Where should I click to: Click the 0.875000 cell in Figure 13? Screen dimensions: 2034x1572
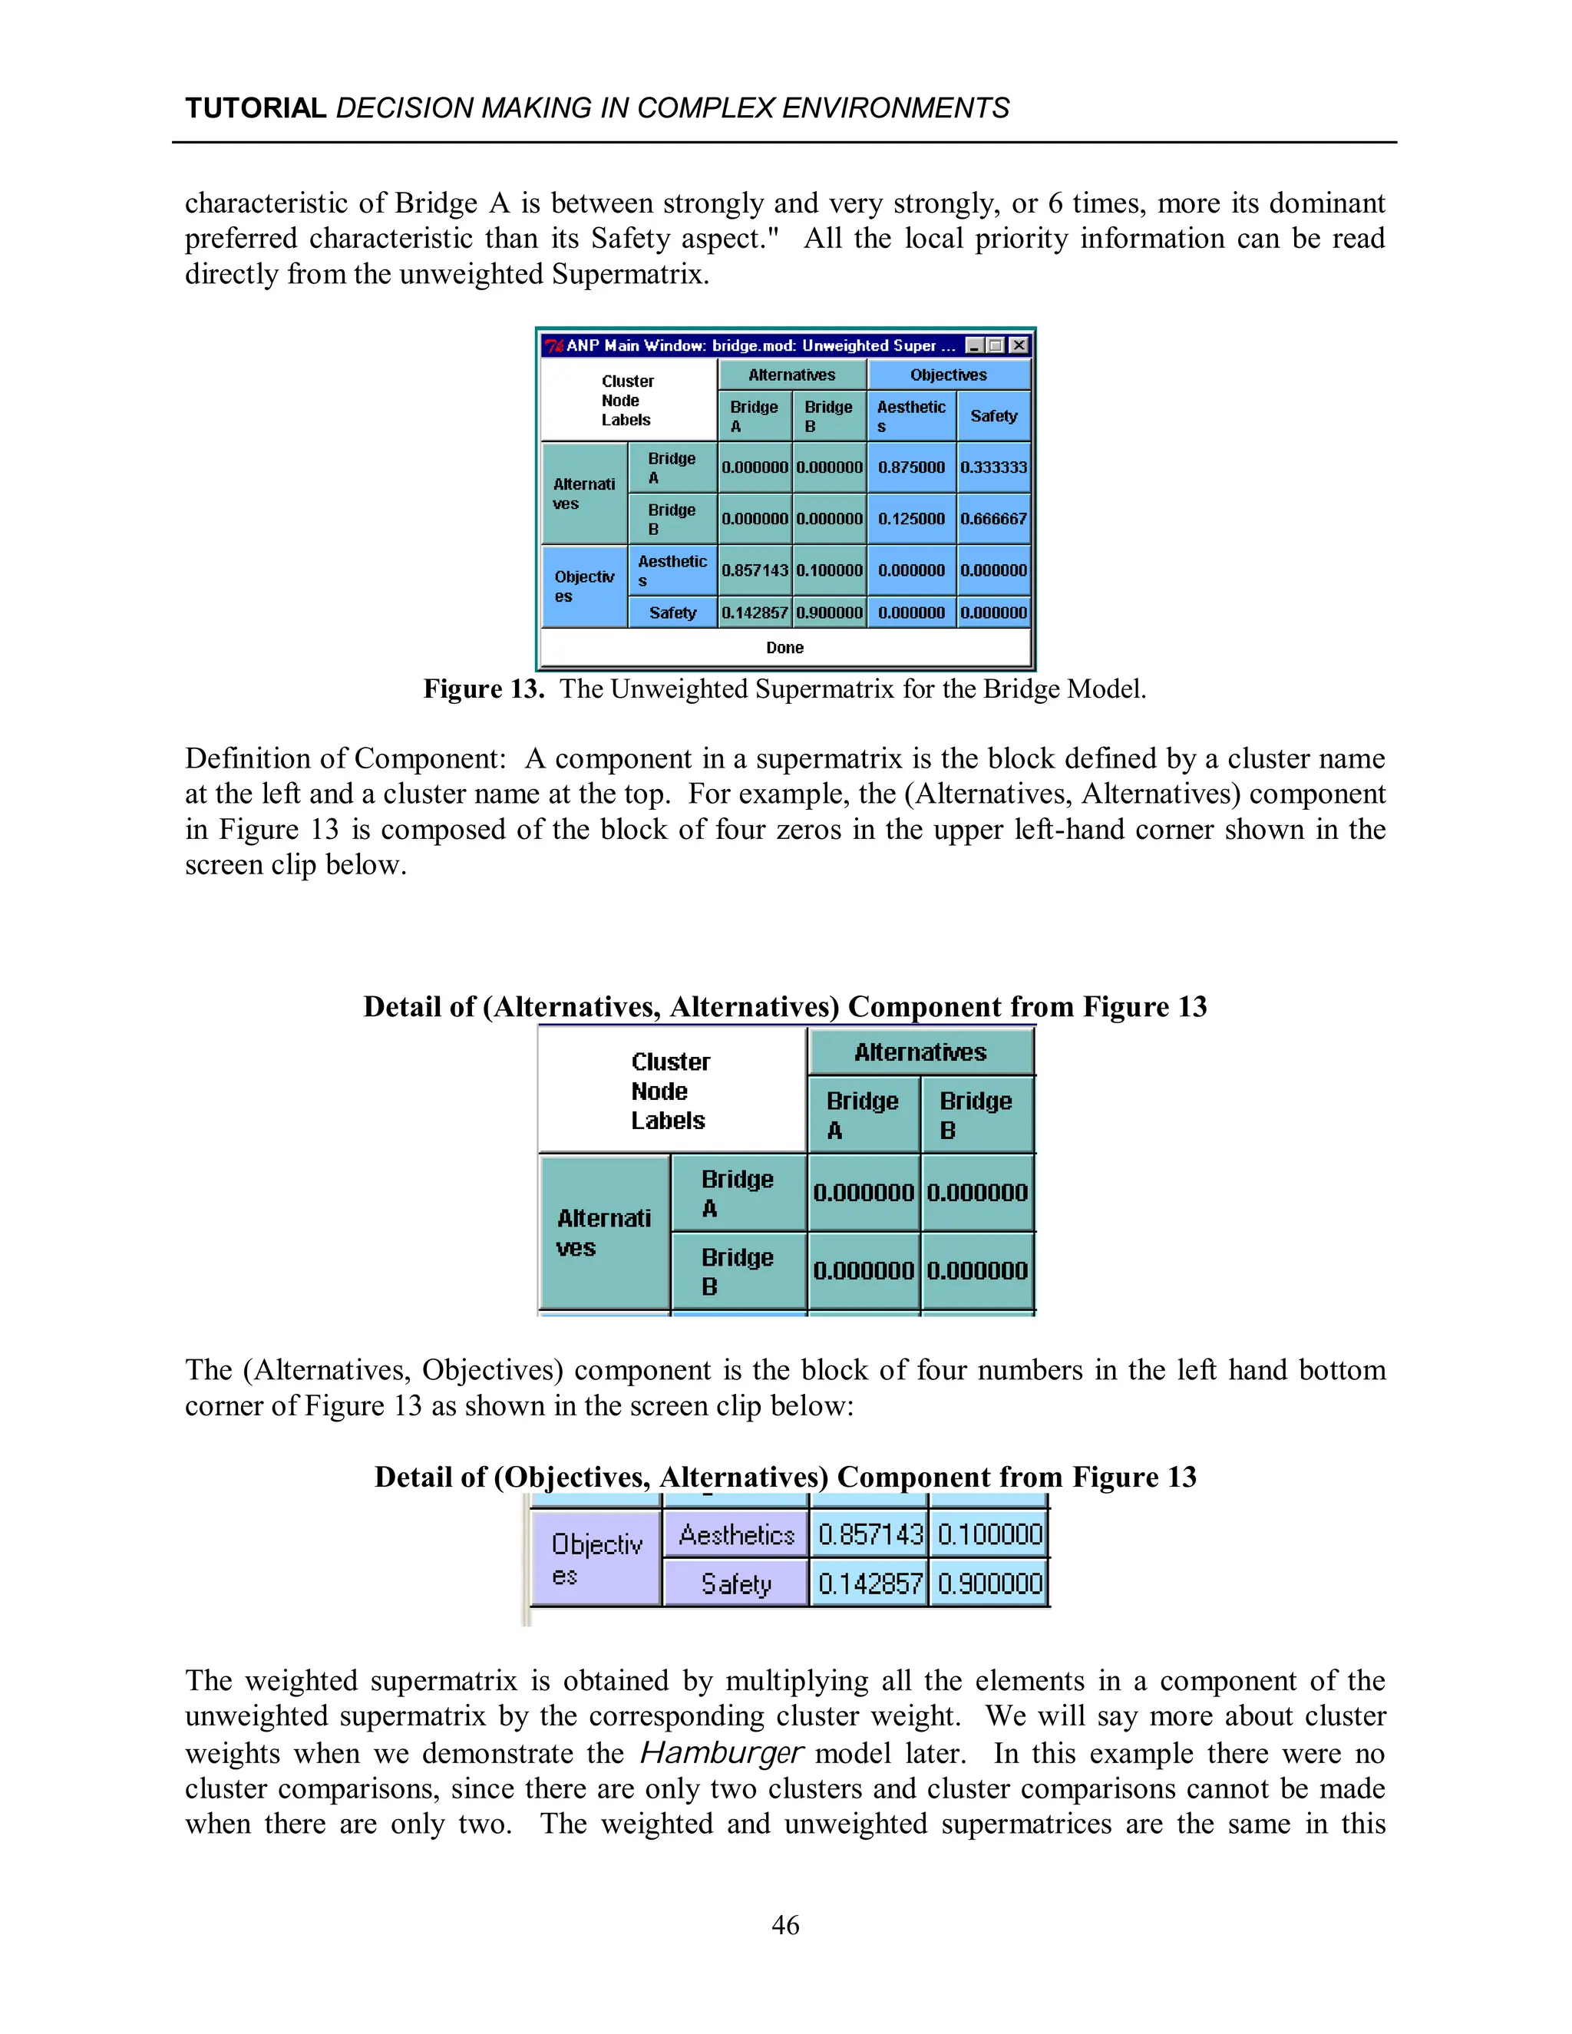[911, 467]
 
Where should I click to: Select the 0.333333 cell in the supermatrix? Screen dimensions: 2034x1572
[994, 467]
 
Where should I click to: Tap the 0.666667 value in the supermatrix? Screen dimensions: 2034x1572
[994, 519]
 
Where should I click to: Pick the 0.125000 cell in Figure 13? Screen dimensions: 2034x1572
[911, 519]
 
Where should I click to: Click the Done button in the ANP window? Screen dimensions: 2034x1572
[785, 647]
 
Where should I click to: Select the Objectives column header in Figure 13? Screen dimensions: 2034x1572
[948, 375]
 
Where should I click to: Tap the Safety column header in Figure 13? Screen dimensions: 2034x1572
[994, 416]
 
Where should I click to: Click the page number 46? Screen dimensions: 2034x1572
[785, 1925]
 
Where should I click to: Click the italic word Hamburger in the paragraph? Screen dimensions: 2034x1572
[721, 1753]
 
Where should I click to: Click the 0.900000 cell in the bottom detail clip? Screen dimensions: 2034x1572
[990, 1583]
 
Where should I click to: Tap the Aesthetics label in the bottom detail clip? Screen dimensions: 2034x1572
[737, 1535]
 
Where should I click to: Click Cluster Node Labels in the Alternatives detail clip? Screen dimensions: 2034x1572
[671, 1091]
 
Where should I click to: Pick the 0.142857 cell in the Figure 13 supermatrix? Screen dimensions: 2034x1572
[755, 613]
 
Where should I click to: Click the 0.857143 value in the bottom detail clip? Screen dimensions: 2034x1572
[870, 1535]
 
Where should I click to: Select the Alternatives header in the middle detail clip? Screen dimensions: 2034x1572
[920, 1052]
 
